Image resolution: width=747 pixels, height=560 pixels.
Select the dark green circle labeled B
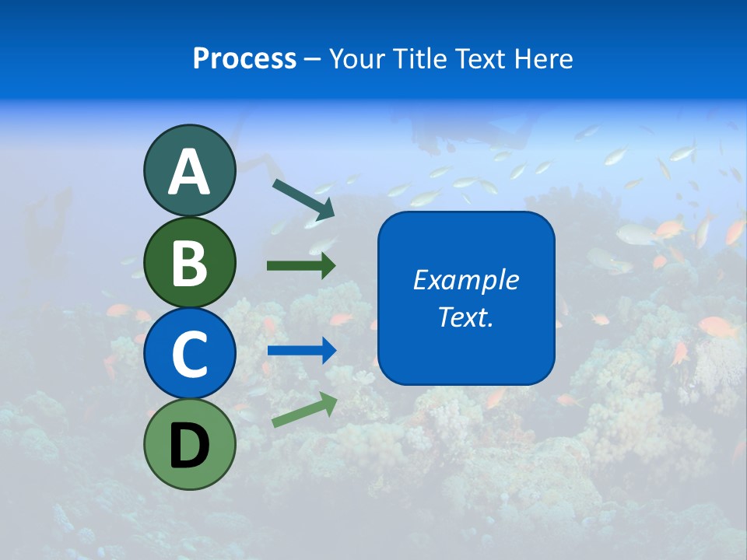point(189,263)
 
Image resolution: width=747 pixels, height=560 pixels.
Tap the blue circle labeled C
point(189,354)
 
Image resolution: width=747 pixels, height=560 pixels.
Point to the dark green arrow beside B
point(301,266)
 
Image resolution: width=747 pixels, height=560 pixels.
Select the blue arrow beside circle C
point(301,351)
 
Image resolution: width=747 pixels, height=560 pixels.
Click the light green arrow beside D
point(304,410)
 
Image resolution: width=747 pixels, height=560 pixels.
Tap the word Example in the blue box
point(465,280)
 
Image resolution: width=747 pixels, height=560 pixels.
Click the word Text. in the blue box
point(465,317)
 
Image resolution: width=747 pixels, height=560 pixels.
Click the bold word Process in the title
point(244,59)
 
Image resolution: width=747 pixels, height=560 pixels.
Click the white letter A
point(189,172)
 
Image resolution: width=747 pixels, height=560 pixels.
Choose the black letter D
point(189,446)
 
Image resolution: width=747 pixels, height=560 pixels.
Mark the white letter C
point(189,354)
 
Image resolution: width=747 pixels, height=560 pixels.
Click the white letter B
point(189,263)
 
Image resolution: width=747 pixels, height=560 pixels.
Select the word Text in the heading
point(479,59)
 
